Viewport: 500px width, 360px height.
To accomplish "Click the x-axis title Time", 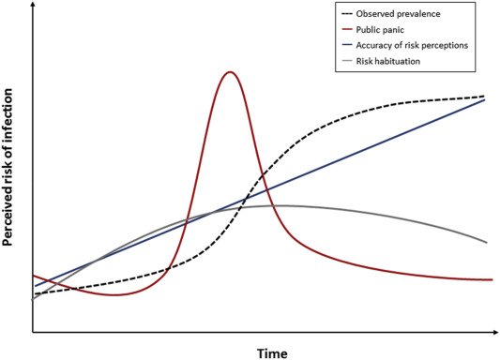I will point(273,352).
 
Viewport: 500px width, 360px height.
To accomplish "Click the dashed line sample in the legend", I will point(348,15).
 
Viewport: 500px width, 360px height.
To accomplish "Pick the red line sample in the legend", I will point(348,31).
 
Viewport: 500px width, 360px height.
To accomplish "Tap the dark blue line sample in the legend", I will point(348,47).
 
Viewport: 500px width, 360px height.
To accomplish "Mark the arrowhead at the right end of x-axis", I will point(495,332).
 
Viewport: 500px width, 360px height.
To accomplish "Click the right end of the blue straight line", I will point(485,99).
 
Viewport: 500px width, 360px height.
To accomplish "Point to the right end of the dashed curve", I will point(485,97).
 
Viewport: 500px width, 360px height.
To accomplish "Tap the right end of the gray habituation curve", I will point(488,243).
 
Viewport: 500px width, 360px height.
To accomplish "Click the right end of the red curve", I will point(492,279).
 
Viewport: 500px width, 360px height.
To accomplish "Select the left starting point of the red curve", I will point(34,276).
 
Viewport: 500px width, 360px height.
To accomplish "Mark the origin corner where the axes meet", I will point(33,332).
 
